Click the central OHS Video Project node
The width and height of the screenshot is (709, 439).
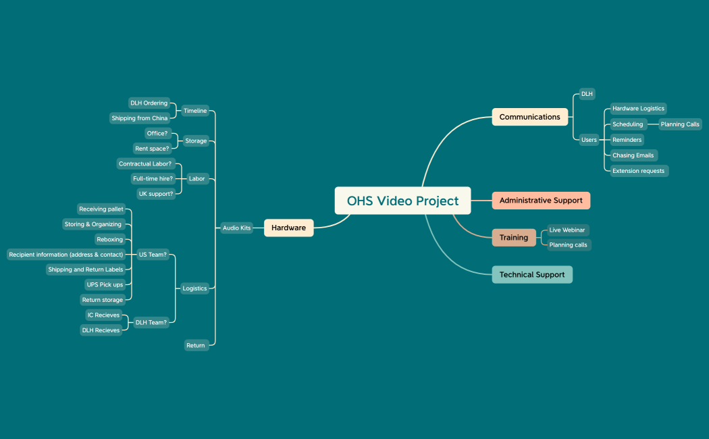tap(402, 201)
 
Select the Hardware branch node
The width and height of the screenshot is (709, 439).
tap(288, 228)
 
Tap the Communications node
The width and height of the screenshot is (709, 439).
tap(529, 117)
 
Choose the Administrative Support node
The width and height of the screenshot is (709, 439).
tap(540, 201)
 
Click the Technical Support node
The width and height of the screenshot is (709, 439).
tap(531, 275)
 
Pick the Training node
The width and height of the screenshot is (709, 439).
tap(513, 238)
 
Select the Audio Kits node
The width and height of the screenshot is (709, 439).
tap(236, 228)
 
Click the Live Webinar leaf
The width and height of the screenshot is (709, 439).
tap(567, 230)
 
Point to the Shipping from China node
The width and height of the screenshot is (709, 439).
tap(140, 118)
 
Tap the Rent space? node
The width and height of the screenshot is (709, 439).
tap(152, 149)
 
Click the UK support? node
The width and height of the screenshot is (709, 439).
tap(155, 194)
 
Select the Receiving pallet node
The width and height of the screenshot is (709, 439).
tap(101, 209)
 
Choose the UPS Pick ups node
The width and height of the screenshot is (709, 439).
tap(105, 285)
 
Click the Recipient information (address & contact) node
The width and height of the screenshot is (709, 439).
tap(66, 255)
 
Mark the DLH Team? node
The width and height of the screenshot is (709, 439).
tap(151, 323)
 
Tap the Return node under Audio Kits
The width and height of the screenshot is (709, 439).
tap(195, 346)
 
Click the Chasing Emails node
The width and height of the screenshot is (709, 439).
tap(633, 155)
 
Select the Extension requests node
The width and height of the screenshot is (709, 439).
tap(638, 171)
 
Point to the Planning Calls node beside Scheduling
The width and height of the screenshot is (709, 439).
tap(680, 124)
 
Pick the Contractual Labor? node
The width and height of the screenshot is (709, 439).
tap(145, 164)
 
